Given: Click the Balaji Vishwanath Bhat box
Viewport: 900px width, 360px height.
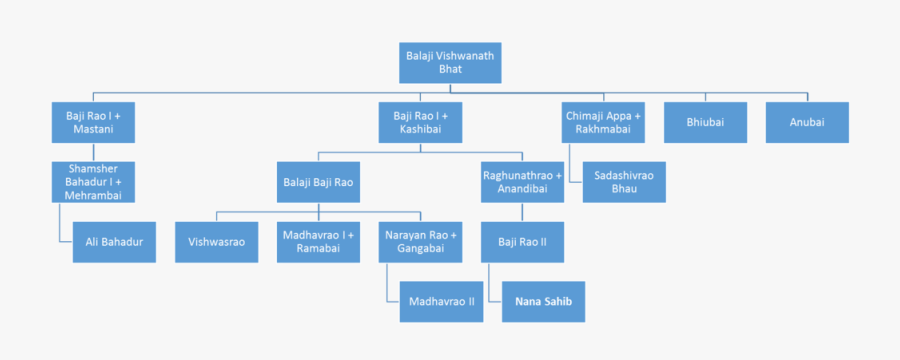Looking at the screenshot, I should coord(449,63).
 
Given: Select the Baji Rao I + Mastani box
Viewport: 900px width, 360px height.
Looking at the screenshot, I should coord(93,123).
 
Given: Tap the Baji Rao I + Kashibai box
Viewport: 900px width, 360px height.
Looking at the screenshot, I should coord(421,123).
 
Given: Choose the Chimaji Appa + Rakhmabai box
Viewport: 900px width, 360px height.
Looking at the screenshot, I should coord(603,123).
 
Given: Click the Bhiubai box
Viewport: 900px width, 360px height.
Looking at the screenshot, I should coord(705,123).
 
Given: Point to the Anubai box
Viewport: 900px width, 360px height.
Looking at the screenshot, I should coord(807,123).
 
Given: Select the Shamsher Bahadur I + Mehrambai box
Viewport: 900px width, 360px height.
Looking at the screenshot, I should coord(93,181).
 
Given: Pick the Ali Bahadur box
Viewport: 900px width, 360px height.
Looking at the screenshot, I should coord(114,242).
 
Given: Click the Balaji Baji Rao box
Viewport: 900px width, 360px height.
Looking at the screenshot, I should coord(318,182).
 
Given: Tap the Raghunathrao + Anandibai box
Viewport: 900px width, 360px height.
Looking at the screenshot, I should coord(523,182).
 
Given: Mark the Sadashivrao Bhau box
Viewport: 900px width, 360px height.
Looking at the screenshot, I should coord(624,182).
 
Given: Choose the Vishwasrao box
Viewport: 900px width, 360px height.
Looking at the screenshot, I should coord(217,242).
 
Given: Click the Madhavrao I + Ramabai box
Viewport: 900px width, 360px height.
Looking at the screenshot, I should coord(318,242).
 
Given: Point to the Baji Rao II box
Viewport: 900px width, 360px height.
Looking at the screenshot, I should coord(523,242).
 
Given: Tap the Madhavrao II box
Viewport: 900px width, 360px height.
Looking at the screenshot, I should coord(441,300).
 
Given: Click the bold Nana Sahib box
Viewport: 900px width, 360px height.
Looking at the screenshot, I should coord(544,300).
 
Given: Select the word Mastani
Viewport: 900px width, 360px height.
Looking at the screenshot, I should coord(93,130).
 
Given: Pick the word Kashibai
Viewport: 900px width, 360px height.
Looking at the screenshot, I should coord(421,130).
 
